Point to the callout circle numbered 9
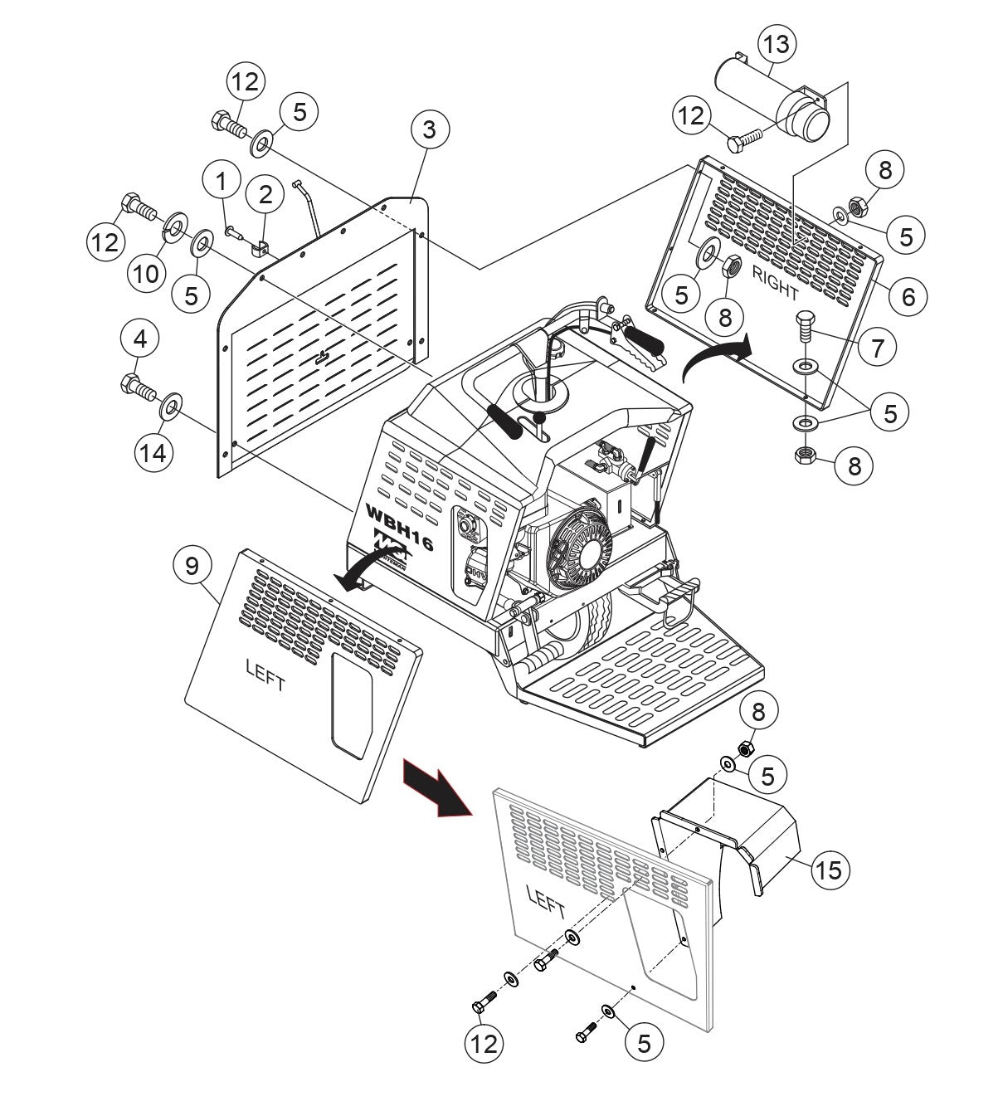point(192,567)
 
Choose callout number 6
point(908,296)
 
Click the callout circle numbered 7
point(877,346)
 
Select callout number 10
point(146,273)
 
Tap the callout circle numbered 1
point(221,180)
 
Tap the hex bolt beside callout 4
point(138,385)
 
